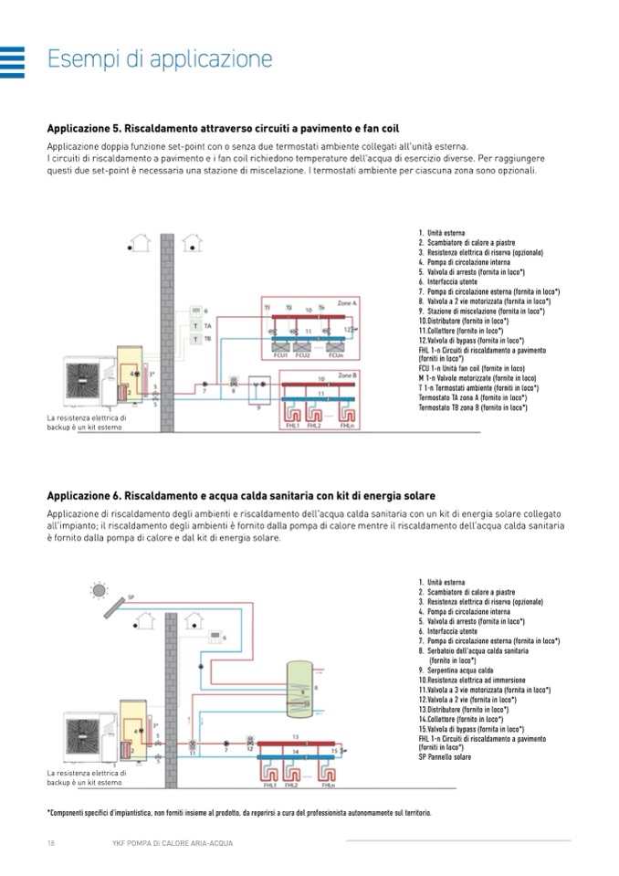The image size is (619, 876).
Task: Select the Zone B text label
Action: click(348, 375)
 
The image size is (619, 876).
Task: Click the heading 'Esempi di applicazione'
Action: click(160, 59)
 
